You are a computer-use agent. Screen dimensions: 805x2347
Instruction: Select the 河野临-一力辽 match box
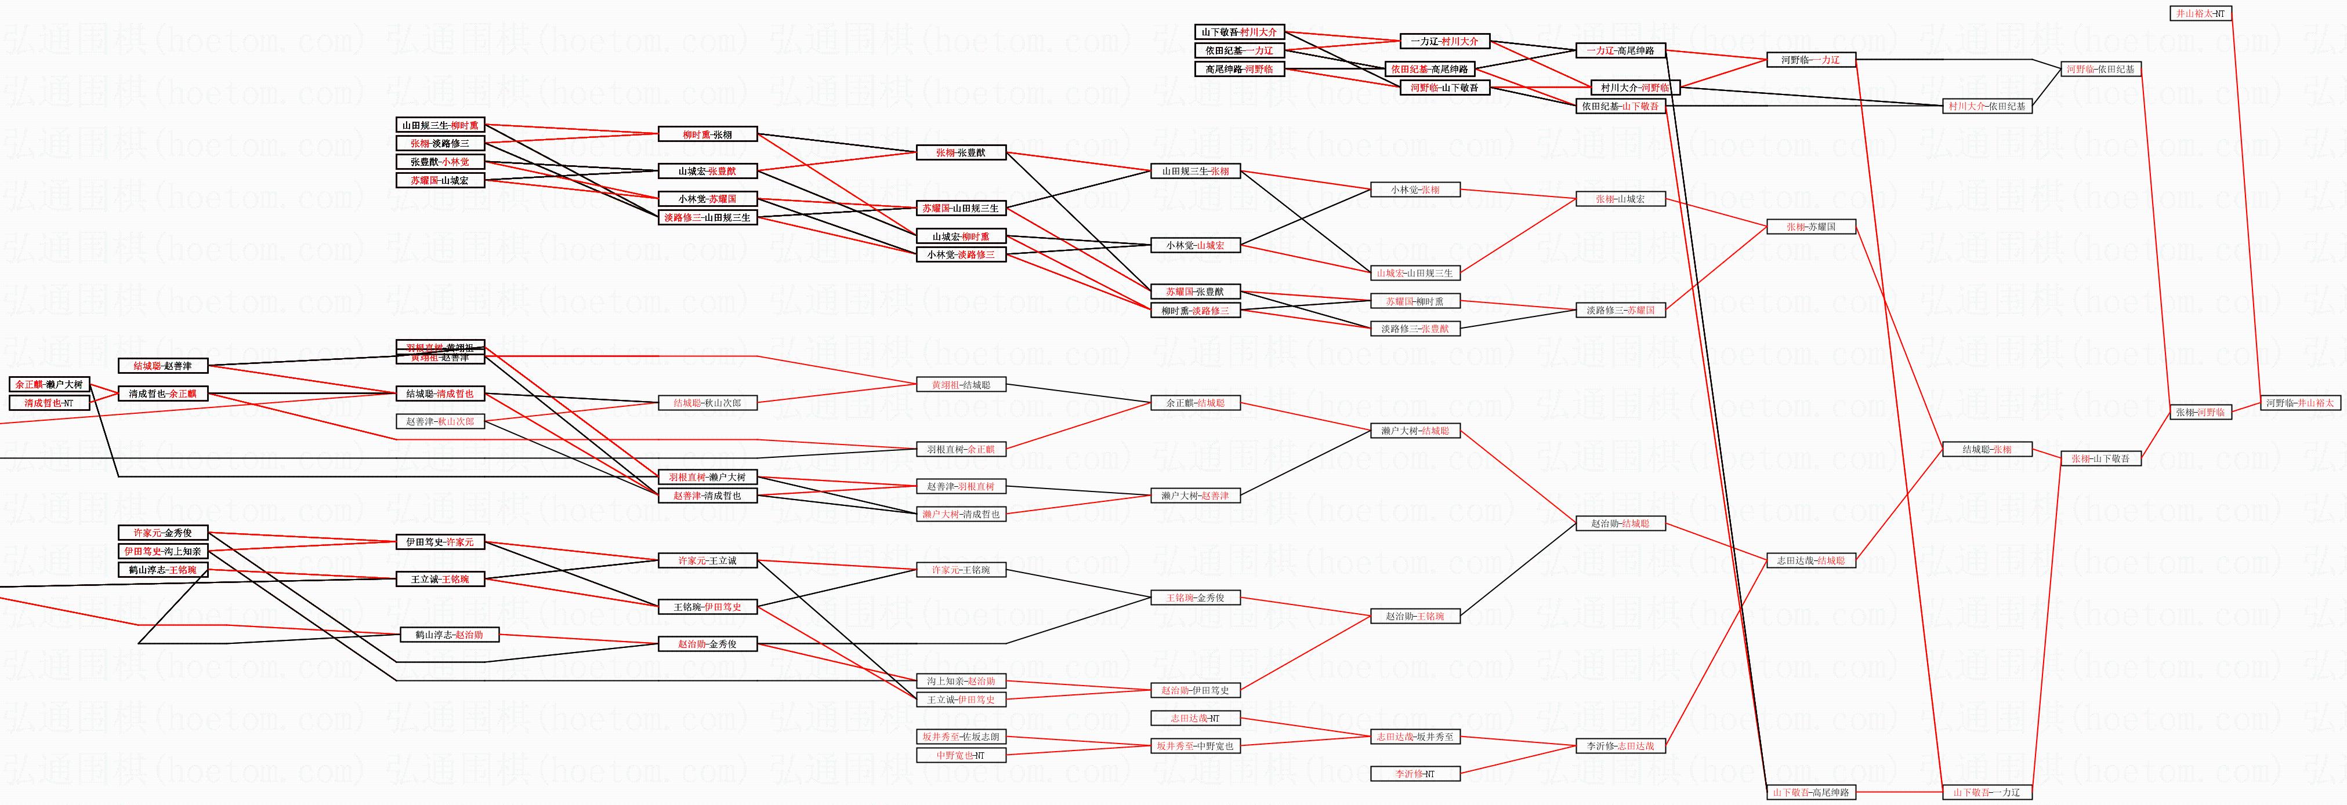[x=1810, y=60]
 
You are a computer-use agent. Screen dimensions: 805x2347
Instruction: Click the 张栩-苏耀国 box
[x=1810, y=227]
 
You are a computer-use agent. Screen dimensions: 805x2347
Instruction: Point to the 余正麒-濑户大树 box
[x=49, y=384]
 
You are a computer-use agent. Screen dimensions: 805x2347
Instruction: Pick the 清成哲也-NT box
[x=49, y=402]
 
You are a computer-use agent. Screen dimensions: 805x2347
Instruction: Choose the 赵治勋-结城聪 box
[x=1620, y=523]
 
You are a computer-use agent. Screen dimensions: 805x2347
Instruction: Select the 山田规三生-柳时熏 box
[x=440, y=125]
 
